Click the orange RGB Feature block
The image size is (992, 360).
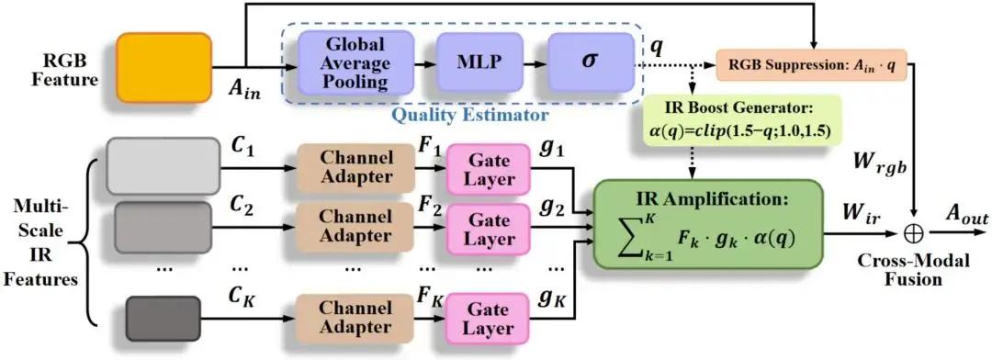164,68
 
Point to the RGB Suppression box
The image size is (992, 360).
812,64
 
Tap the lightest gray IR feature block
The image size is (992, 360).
163,166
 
